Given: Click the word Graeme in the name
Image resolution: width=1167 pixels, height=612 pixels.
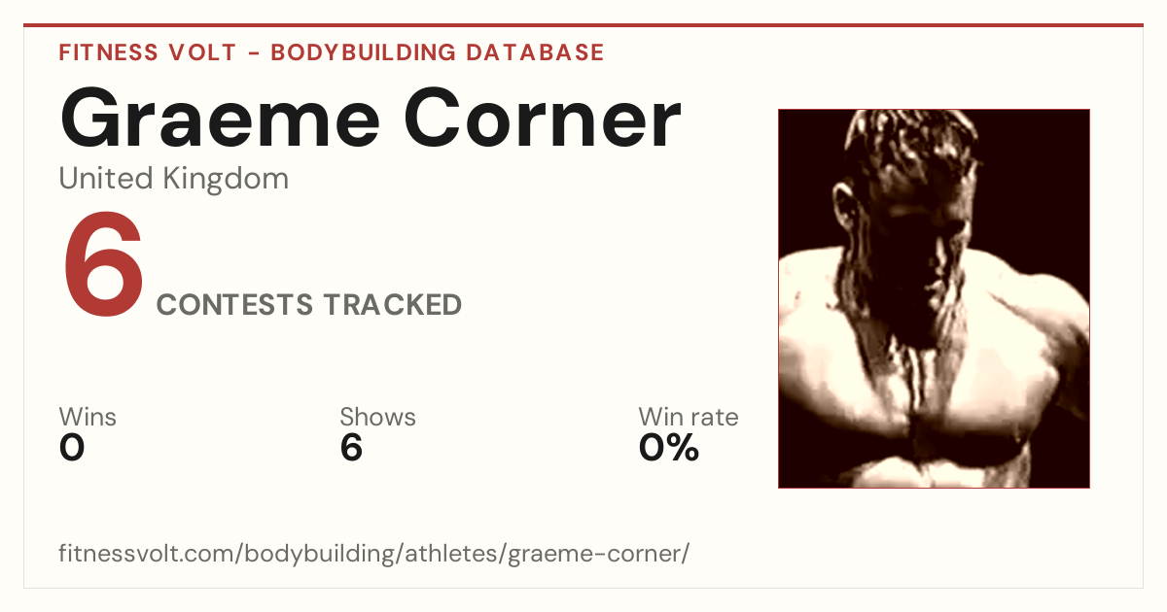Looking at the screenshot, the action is click(220, 119).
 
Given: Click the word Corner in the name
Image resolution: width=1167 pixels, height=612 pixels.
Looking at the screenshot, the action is click(543, 119).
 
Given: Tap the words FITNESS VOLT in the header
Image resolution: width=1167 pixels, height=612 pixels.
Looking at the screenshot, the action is click(148, 52).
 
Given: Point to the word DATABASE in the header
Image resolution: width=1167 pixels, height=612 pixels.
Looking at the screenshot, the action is click(535, 52).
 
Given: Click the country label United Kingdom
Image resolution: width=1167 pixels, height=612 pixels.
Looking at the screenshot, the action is click(173, 179).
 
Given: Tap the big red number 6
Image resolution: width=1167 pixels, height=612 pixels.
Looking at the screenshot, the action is click(103, 263).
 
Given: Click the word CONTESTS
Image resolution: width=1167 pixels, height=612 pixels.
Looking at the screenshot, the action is click(234, 304).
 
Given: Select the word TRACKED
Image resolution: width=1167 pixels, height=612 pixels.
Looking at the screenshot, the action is click(392, 304).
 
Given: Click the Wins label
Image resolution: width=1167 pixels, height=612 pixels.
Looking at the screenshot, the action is click(88, 417).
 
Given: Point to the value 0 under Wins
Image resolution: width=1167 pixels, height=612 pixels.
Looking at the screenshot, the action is click(72, 447).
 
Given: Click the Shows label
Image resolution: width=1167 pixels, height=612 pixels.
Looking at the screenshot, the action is click(377, 417).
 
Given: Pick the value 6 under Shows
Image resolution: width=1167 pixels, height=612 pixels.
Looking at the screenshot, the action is click(351, 447).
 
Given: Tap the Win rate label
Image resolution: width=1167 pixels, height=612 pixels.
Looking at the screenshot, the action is click(689, 417).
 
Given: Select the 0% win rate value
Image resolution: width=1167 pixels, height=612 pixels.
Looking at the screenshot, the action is click(668, 447).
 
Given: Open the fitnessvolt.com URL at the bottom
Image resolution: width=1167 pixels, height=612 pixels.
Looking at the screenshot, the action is click(374, 553).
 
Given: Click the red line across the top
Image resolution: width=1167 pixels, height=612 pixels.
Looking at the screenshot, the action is click(583, 25).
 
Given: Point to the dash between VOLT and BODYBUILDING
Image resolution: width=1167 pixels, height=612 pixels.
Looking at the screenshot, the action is click(254, 53).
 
